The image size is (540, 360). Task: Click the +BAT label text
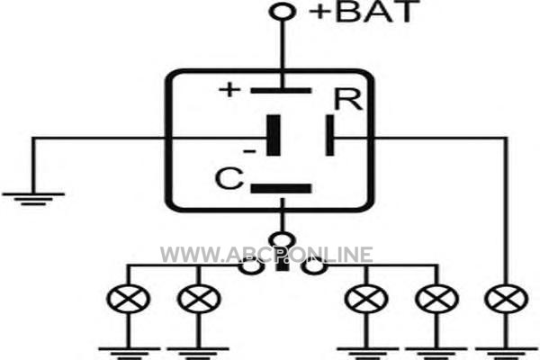[364, 12]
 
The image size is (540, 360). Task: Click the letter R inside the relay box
[348, 100]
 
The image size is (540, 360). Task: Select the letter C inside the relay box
[229, 178]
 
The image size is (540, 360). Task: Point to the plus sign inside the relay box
[229, 90]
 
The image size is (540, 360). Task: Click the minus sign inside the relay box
[249, 151]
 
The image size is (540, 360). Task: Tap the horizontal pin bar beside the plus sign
[281, 91]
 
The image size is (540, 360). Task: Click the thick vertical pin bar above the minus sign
[274, 135]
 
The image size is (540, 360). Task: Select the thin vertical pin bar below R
[329, 135]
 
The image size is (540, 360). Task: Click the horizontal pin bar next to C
[281, 188]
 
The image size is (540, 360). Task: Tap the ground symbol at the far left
[33, 199]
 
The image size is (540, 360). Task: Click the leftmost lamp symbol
[128, 299]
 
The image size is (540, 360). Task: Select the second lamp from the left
[199, 299]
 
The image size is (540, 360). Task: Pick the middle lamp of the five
[366, 299]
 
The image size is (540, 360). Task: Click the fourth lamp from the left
[437, 299]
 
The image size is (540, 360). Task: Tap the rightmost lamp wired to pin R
[506, 299]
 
